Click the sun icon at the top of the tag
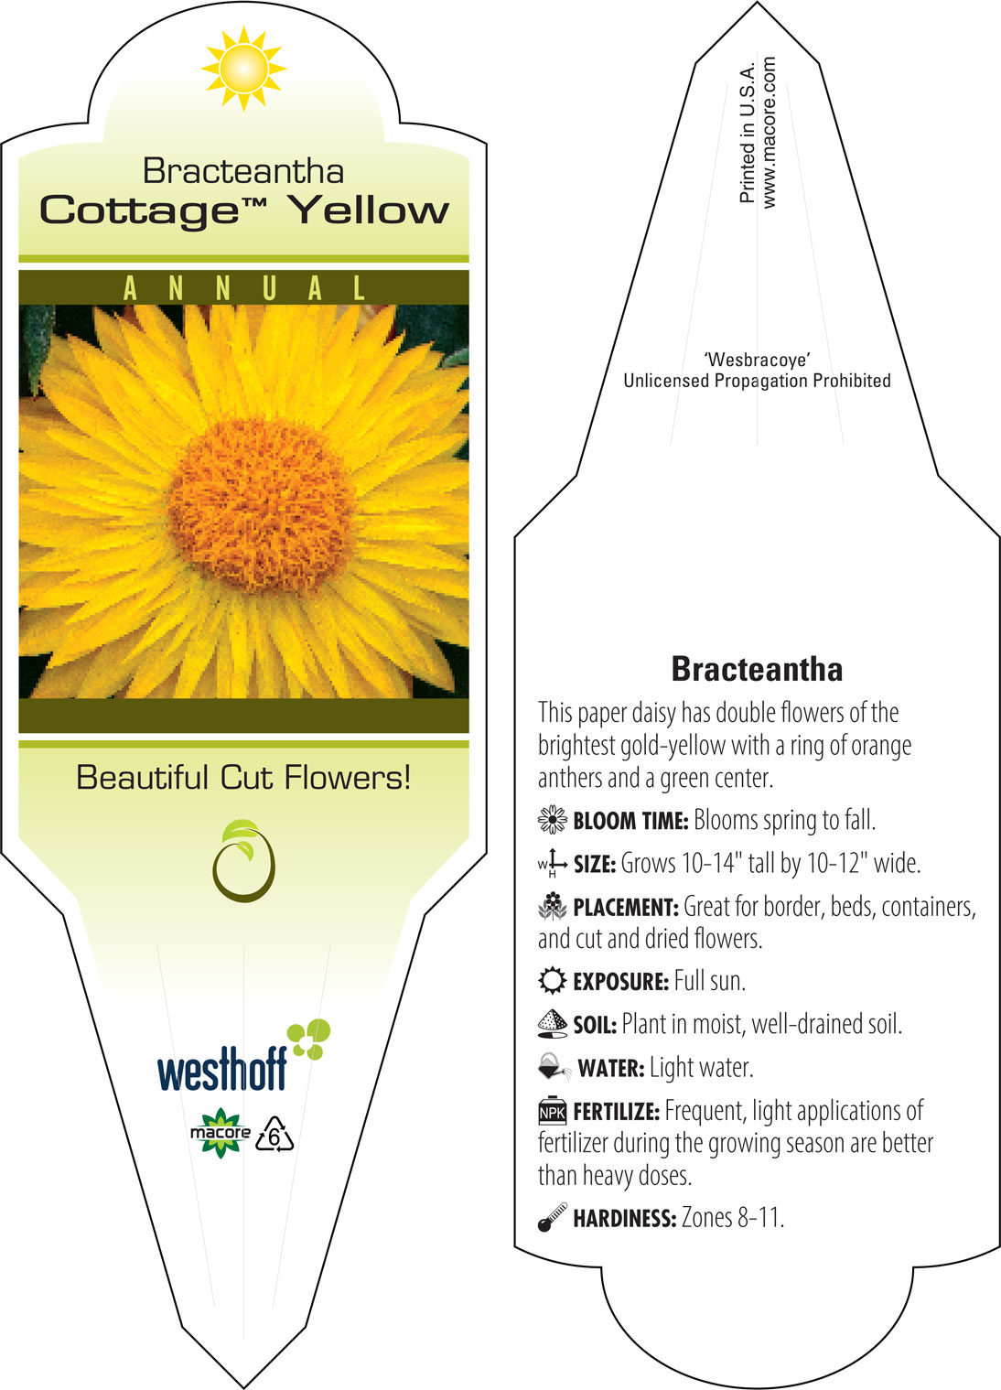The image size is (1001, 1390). (x=243, y=69)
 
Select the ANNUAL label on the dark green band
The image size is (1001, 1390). (x=244, y=288)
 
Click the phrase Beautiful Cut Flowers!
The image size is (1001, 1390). (x=243, y=777)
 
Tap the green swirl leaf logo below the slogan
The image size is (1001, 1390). (x=243, y=860)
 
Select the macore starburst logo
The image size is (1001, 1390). (x=221, y=1133)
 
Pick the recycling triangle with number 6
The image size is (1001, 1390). (x=274, y=1135)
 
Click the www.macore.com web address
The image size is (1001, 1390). (x=769, y=132)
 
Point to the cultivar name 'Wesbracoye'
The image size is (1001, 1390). (x=757, y=360)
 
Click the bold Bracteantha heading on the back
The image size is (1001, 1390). (x=757, y=669)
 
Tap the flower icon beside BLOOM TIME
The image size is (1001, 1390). (x=553, y=820)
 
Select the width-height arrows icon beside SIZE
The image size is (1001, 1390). (x=553, y=863)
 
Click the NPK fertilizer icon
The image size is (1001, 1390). (x=553, y=1111)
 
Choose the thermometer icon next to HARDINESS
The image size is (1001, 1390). (x=553, y=1216)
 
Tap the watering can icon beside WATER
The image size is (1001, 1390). (x=554, y=1067)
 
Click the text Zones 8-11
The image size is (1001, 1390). (x=733, y=1217)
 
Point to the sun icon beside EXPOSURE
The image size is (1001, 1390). (x=553, y=980)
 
